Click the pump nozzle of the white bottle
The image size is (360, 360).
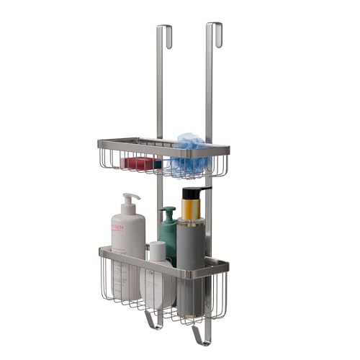coord(129,198)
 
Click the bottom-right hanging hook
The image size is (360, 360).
coord(201,336)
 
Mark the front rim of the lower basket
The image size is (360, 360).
coord(162,262)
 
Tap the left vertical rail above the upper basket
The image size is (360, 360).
coord(160,86)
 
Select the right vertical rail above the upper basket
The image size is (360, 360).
coord(210,86)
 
